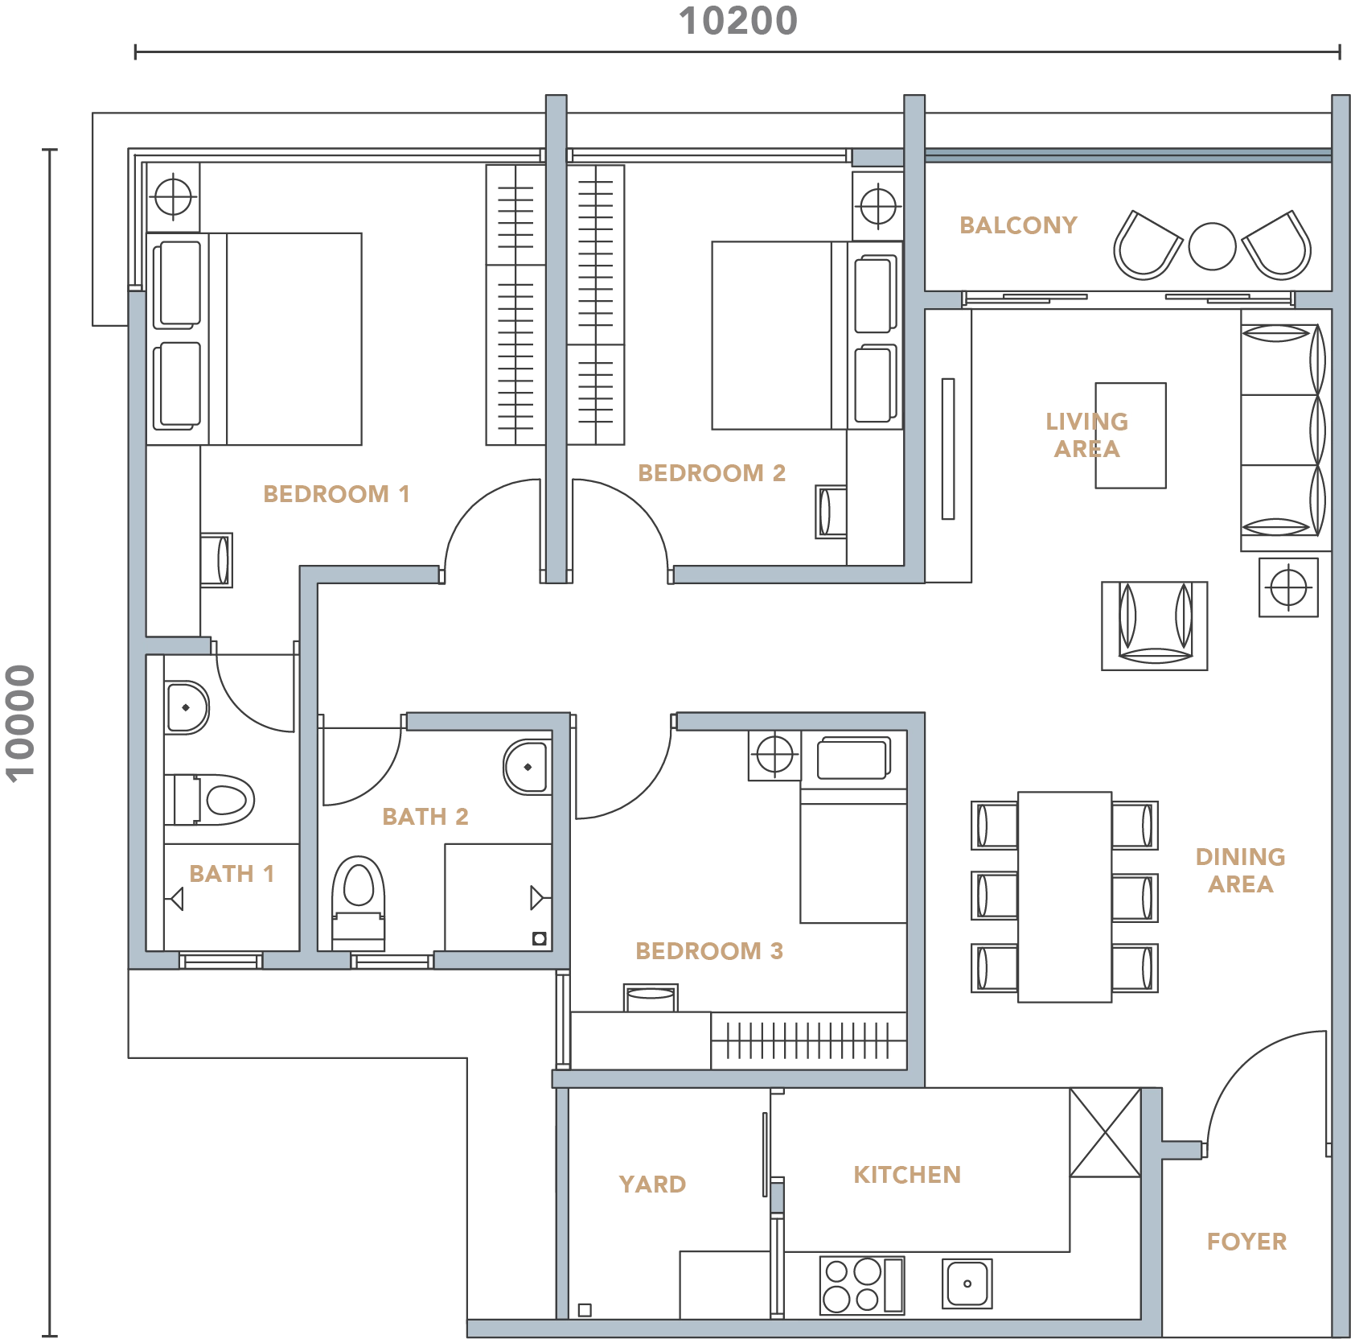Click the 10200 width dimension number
pyautogui.click(x=738, y=21)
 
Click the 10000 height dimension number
pyautogui.click(x=21, y=723)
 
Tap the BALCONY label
pyautogui.click(x=1018, y=225)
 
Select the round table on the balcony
pyautogui.click(x=1212, y=246)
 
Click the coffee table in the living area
pyautogui.click(x=1131, y=435)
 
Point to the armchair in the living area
pyautogui.click(x=1155, y=626)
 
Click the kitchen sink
pyautogui.click(x=967, y=1283)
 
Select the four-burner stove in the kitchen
pyautogui.click(x=862, y=1285)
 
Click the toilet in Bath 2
pyautogui.click(x=359, y=903)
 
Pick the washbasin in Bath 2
pyautogui.click(x=528, y=767)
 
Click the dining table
pyautogui.click(x=1065, y=897)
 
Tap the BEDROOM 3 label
pyautogui.click(x=709, y=951)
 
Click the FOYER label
pyautogui.click(x=1246, y=1242)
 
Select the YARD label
pyautogui.click(x=652, y=1184)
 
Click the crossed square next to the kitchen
pyautogui.click(x=1105, y=1132)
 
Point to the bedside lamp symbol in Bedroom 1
pyautogui.click(x=173, y=197)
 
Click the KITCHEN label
pyautogui.click(x=907, y=1175)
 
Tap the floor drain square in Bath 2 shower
pyautogui.click(x=540, y=938)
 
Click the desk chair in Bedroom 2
pyautogui.click(x=831, y=512)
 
